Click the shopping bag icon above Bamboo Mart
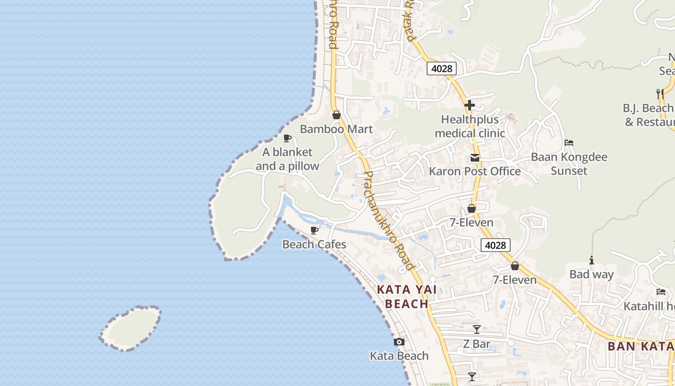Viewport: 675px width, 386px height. (x=337, y=115)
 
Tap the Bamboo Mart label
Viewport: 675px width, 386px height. (x=336, y=129)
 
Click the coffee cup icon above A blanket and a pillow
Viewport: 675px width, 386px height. (x=287, y=138)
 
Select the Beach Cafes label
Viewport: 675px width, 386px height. (x=314, y=244)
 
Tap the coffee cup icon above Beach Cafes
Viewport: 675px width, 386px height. (x=314, y=230)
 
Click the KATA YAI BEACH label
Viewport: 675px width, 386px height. (x=407, y=296)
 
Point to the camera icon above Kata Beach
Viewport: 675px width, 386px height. (x=399, y=342)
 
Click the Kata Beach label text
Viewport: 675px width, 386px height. (x=399, y=356)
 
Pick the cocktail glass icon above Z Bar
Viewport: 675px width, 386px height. (x=476, y=330)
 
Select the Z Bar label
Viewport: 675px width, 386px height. (x=476, y=344)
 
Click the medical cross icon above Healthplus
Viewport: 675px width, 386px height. (x=470, y=105)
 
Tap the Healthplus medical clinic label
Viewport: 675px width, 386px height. (x=470, y=126)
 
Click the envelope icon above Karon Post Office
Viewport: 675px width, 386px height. (x=475, y=158)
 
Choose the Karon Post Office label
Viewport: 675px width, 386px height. (x=475, y=171)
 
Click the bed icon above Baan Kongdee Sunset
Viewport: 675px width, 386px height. (x=569, y=143)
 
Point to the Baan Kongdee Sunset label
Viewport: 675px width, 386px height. (x=569, y=164)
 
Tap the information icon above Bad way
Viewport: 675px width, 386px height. (x=592, y=261)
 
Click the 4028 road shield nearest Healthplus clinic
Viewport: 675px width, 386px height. (x=442, y=69)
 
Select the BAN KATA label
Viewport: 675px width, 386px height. (x=640, y=346)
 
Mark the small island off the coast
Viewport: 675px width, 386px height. (x=130, y=328)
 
